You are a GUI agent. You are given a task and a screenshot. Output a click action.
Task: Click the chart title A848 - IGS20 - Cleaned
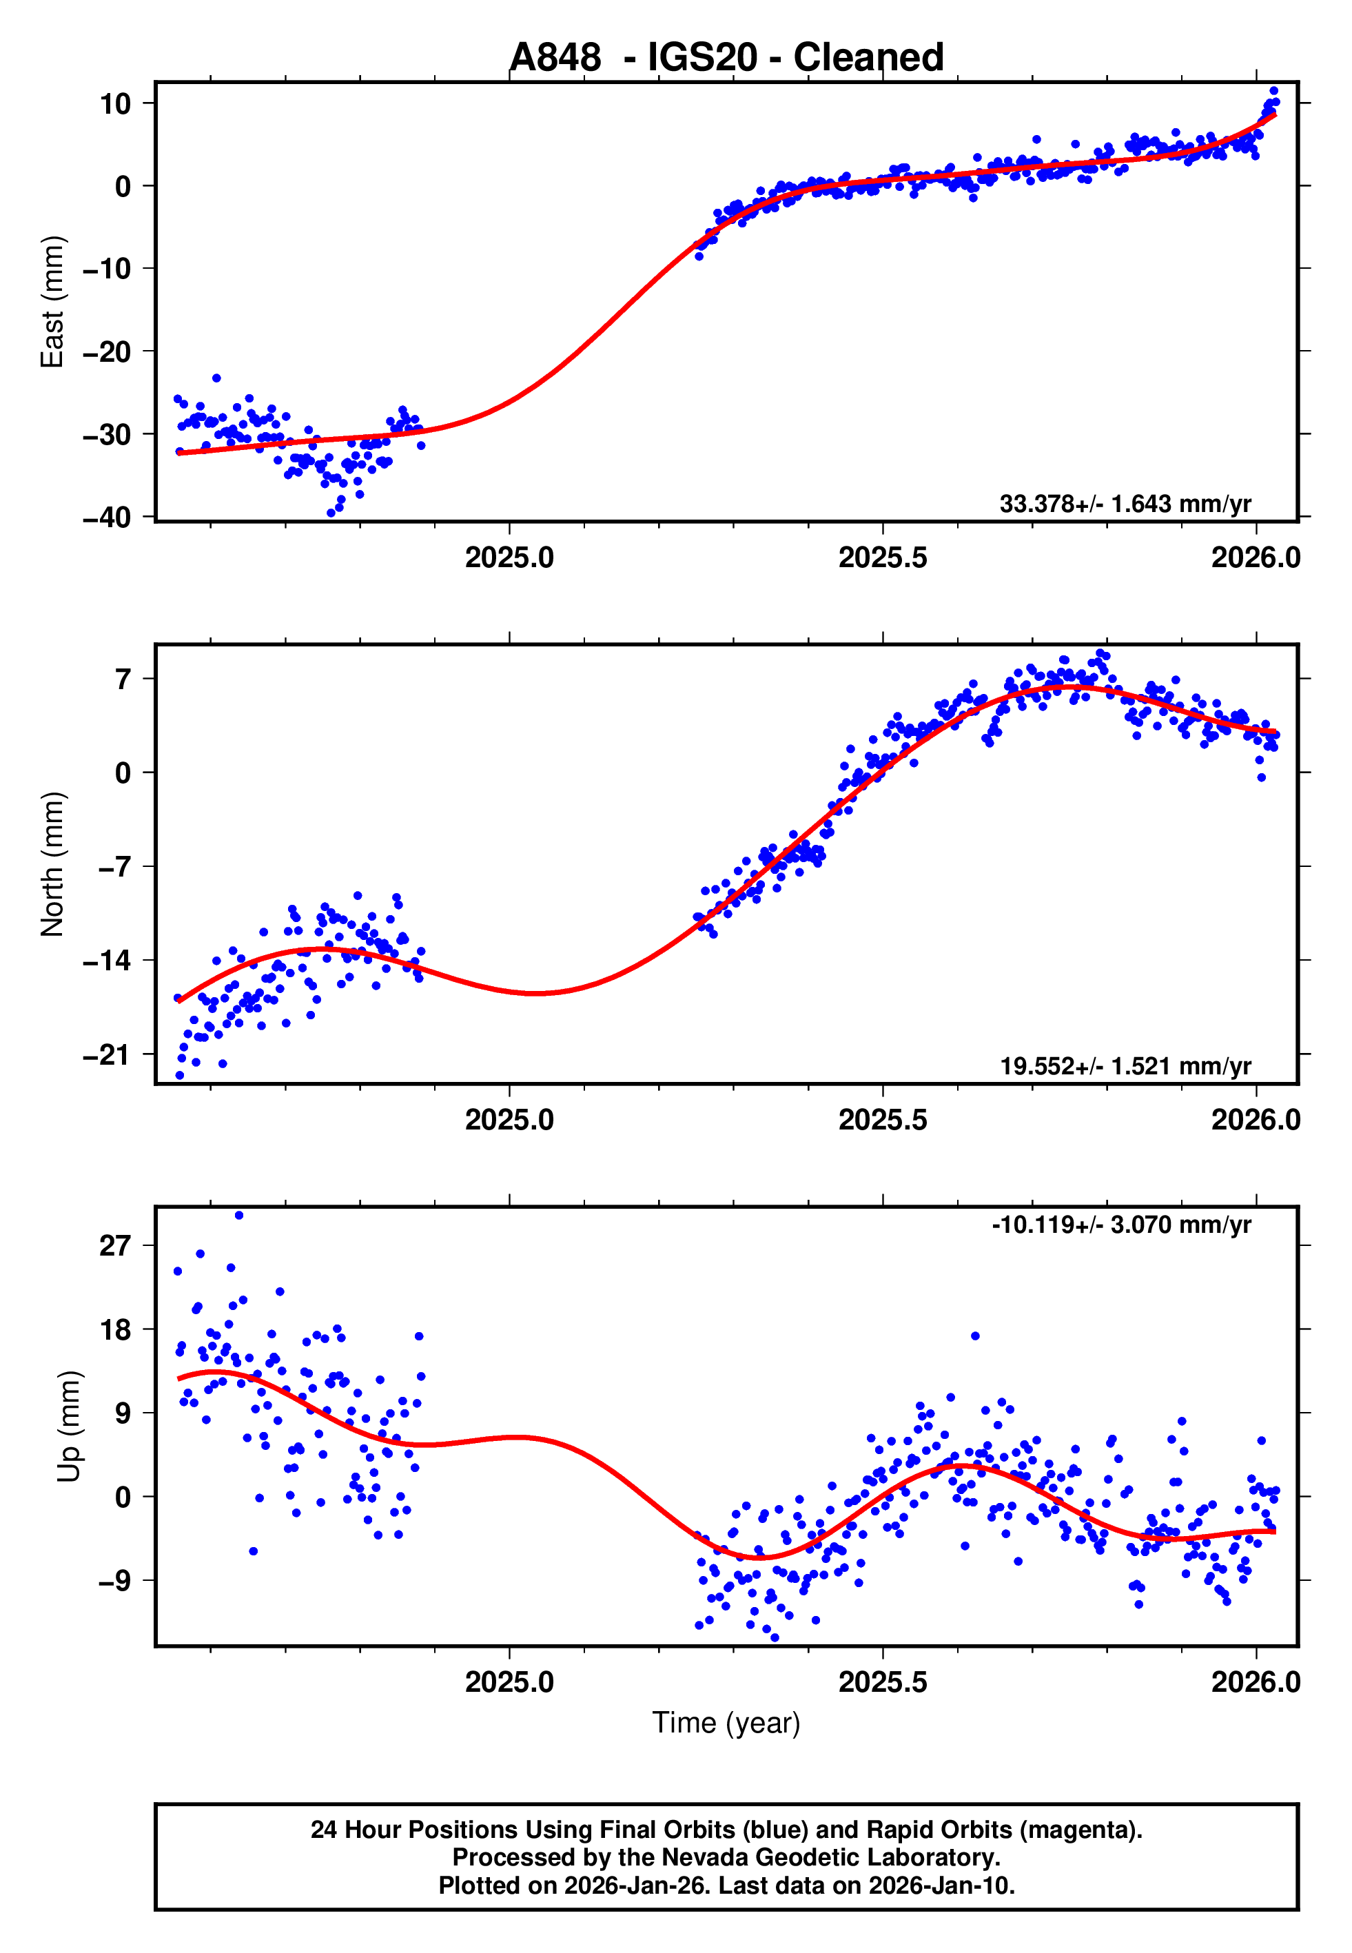click(726, 58)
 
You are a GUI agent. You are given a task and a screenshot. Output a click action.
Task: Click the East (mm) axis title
click(52, 302)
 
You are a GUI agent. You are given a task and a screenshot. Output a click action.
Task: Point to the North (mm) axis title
click(52, 864)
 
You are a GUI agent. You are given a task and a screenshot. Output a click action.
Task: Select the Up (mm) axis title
click(70, 1427)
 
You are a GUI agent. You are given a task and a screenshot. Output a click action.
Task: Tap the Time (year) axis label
click(726, 1723)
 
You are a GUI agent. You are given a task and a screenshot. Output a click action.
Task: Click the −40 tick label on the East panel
click(107, 517)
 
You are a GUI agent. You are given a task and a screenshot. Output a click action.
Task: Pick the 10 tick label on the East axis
click(115, 104)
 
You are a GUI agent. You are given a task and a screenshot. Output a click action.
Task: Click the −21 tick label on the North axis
click(107, 1055)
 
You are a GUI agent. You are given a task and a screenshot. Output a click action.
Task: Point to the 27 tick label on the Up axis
click(115, 1246)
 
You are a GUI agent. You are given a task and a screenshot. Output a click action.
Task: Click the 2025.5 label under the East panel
click(883, 558)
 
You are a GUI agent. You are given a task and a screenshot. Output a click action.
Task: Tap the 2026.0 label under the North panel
click(1256, 1120)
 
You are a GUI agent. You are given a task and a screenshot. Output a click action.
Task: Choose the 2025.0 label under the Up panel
click(509, 1682)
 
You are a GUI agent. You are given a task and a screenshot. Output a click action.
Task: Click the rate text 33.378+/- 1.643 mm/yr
click(1125, 504)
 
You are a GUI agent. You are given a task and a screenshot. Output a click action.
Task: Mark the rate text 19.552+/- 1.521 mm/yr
click(1125, 1066)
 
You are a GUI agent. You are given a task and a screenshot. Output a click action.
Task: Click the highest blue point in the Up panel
click(239, 1216)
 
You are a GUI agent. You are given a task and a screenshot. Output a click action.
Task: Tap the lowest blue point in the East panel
click(331, 513)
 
